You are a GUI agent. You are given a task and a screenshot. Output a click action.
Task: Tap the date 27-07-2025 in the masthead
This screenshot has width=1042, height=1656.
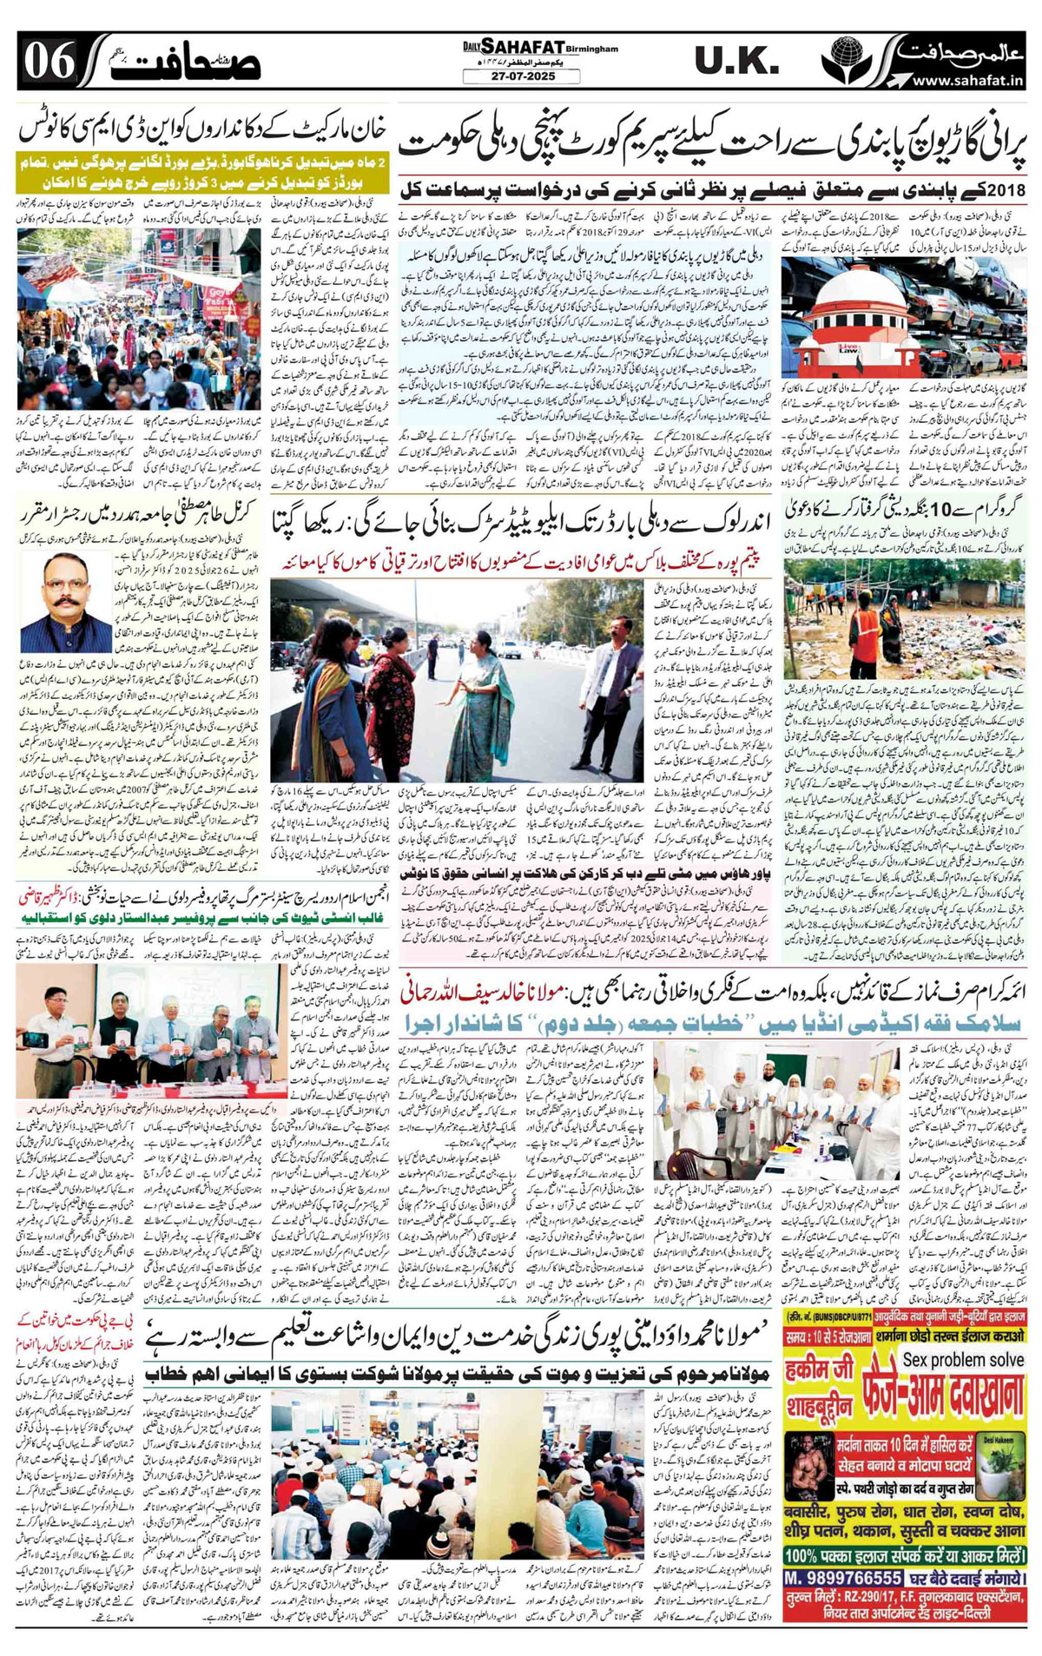[521, 77]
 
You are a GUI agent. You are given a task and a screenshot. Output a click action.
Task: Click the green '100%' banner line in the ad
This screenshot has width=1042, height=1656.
[903, 1555]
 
